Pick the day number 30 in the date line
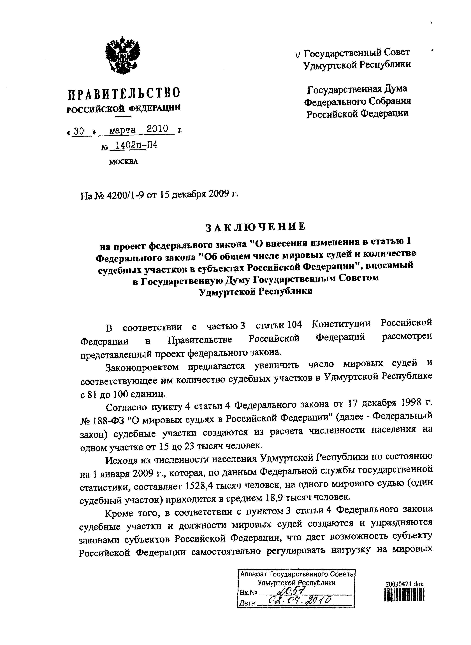(79, 131)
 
